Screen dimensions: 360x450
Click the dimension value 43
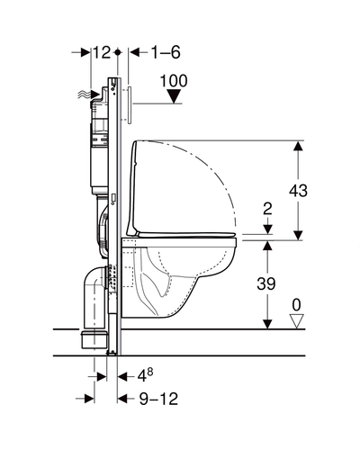tap(298, 191)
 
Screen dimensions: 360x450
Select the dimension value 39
tap(266, 283)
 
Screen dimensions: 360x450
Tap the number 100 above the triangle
tap(174, 81)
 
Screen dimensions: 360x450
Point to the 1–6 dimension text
tap(166, 52)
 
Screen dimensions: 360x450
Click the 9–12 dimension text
tap(158, 399)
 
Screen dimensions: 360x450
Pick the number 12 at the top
tap(102, 52)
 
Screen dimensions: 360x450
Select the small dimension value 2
tap(267, 209)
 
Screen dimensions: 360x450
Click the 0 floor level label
tap(296, 305)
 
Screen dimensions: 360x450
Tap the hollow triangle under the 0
tap(296, 321)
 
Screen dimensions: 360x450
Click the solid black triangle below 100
tap(174, 97)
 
